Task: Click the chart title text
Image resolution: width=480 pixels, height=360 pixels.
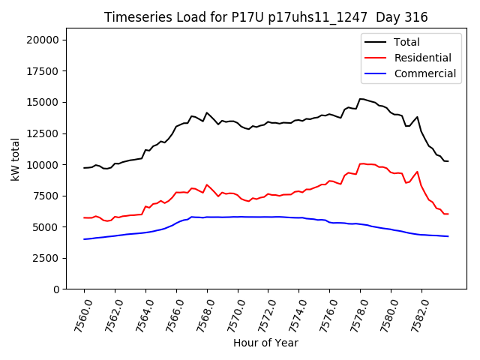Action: [265, 17]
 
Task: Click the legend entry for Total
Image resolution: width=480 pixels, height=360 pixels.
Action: [406, 42]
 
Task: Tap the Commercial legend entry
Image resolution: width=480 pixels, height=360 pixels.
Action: [424, 73]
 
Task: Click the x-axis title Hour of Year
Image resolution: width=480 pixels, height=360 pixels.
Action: [265, 343]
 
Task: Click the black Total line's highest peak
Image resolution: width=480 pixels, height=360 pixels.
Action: [361, 98]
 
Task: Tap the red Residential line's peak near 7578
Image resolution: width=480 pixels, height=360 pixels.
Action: [361, 163]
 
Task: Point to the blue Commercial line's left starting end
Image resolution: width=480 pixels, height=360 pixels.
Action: [84, 239]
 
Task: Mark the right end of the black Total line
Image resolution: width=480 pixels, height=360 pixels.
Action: [448, 161]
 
